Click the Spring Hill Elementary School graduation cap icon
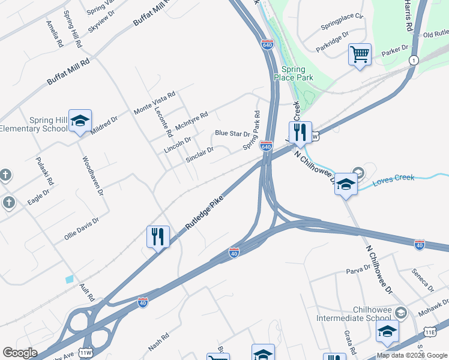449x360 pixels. [x=80, y=121]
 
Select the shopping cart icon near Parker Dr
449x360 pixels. [x=360, y=55]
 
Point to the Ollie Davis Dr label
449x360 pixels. [x=81, y=229]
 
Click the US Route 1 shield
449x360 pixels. [x=414, y=60]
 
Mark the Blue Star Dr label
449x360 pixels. [x=232, y=134]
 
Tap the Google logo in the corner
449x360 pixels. [x=20, y=353]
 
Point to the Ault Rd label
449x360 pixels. [x=88, y=292]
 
